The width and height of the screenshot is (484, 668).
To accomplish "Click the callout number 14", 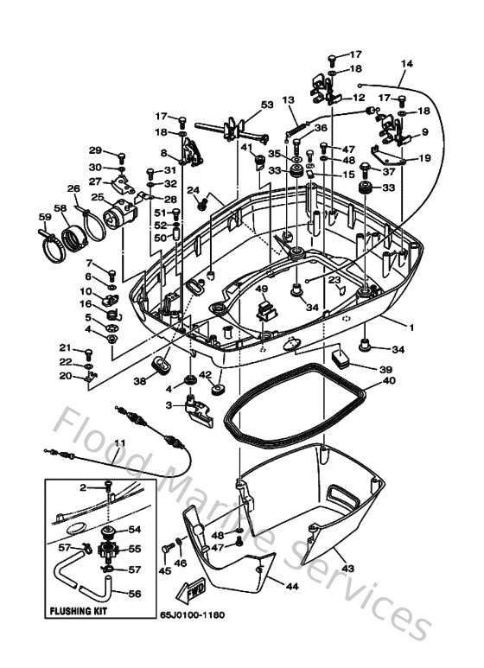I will [x=407, y=64].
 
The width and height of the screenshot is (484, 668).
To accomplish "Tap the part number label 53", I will [x=266, y=105].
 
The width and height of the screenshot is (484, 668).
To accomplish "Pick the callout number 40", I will [x=389, y=380].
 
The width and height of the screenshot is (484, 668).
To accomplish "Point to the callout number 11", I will [x=119, y=444].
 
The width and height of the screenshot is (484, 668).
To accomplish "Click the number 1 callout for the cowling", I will [x=411, y=328].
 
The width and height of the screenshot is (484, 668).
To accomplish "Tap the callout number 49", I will [x=261, y=289].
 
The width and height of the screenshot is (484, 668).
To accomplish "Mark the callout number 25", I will [x=97, y=197].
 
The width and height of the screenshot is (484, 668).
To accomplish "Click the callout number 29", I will [x=95, y=150].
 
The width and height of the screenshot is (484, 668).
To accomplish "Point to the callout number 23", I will [x=334, y=279].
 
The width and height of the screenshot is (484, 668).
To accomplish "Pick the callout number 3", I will [x=171, y=403].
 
